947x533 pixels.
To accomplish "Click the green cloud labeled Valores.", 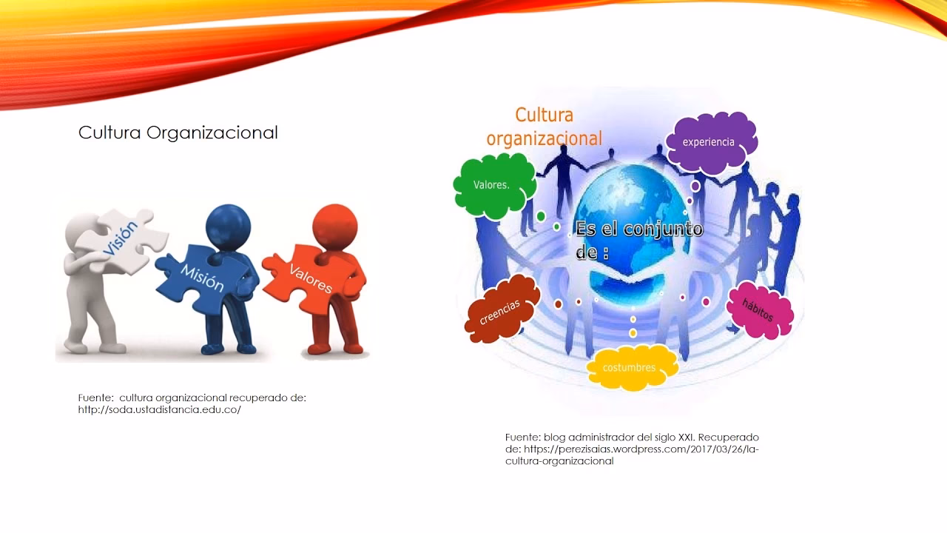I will [x=493, y=185].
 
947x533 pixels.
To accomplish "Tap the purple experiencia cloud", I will [x=710, y=142].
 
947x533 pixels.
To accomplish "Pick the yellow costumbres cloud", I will [x=630, y=367].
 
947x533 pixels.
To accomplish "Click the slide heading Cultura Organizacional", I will [x=178, y=133].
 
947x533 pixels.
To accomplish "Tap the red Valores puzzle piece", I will [x=311, y=278].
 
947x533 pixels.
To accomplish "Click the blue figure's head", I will [x=228, y=225].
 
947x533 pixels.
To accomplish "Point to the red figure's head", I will [x=334, y=225].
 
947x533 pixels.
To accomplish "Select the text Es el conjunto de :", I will [x=638, y=239].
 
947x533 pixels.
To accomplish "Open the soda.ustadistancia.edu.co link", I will [x=160, y=409].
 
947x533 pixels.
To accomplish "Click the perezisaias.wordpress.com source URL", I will [x=641, y=449].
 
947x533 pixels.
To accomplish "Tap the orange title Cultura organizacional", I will [x=545, y=127].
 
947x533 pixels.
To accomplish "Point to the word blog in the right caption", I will [x=555, y=438].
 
